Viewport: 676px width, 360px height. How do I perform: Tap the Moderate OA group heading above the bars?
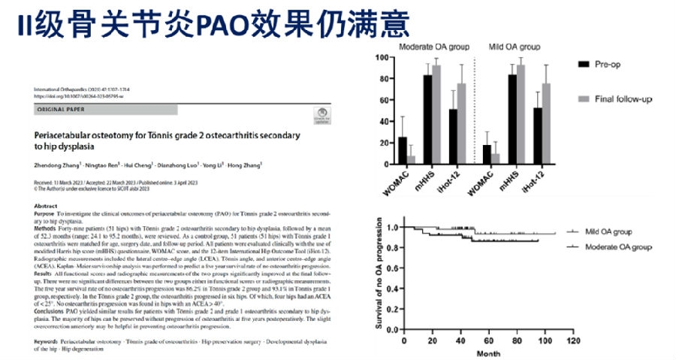point(436,45)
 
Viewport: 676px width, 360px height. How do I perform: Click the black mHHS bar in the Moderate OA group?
point(427,120)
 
